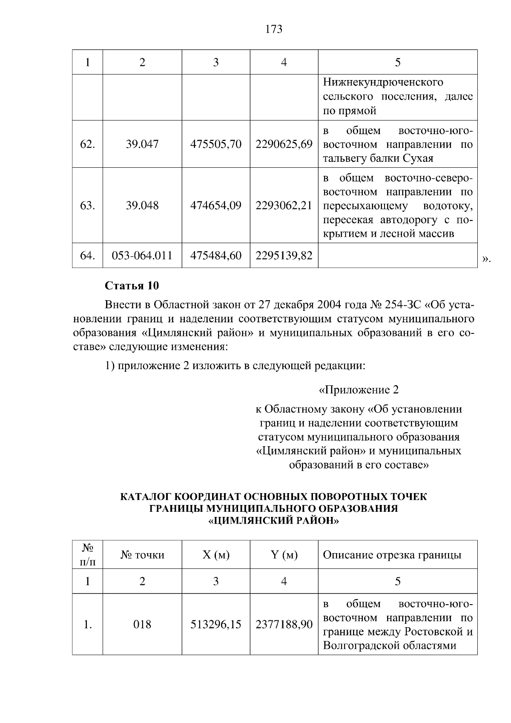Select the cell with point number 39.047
click(142, 144)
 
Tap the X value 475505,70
click(216, 144)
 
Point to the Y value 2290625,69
click(284, 144)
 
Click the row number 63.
click(87, 206)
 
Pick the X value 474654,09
click(216, 206)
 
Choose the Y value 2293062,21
click(284, 206)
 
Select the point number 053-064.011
click(142, 255)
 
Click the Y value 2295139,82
click(284, 255)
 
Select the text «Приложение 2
click(359, 390)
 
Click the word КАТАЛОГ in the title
click(146, 497)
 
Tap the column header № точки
click(142, 555)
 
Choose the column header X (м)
click(216, 555)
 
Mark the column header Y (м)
click(284, 555)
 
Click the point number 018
click(142, 625)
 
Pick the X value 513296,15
click(216, 625)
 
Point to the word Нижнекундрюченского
click(383, 82)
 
